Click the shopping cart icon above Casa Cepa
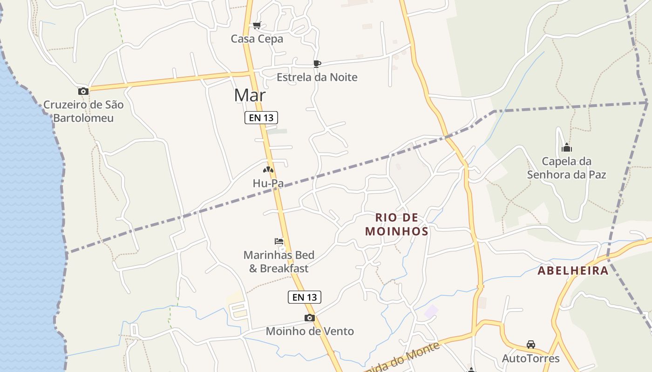point(257,26)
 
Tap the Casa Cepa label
point(257,39)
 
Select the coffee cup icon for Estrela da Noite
point(317,64)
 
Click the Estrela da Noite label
point(317,77)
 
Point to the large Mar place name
point(250,95)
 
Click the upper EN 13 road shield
point(261,118)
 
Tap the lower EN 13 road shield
point(305,297)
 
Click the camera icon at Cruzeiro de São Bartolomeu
point(83,91)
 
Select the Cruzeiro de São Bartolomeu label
point(83,111)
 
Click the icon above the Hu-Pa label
point(268,170)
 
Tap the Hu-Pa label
point(268,184)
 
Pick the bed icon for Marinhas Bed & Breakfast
point(279,241)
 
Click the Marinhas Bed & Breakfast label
point(279,262)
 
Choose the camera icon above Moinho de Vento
point(310,318)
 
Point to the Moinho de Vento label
point(310,332)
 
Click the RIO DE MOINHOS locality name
point(397,225)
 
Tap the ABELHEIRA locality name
point(573,271)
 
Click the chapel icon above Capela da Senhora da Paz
point(567,148)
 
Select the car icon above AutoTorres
point(531,345)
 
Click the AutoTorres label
point(531,359)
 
